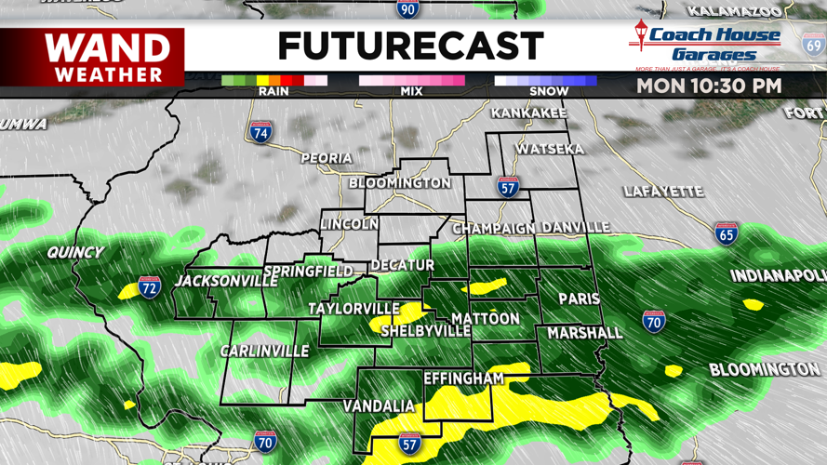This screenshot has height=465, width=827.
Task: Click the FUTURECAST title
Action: click(x=410, y=46)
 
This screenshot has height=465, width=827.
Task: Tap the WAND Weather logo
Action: click(x=108, y=58)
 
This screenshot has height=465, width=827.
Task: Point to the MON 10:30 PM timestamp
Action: click(x=709, y=86)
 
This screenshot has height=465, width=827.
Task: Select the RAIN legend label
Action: click(x=273, y=91)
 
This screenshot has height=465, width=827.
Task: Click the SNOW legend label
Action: click(x=549, y=91)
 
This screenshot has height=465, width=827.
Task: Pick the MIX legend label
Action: click(x=411, y=91)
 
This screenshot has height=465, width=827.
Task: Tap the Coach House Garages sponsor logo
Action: click(x=707, y=44)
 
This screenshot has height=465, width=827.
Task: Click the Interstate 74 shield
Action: click(x=261, y=132)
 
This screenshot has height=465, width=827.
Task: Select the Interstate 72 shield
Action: click(x=149, y=287)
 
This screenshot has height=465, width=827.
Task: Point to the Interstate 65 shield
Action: click(x=727, y=233)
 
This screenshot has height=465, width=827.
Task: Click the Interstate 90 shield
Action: click(x=407, y=9)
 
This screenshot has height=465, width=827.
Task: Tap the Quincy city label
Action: click(x=76, y=252)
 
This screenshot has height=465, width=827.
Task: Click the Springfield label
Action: click(x=308, y=272)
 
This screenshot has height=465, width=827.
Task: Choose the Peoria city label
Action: click(x=326, y=158)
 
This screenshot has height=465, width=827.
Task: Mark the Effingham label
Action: click(x=463, y=379)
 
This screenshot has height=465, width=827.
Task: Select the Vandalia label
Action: click(x=379, y=406)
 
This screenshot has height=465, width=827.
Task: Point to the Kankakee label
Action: click(x=528, y=113)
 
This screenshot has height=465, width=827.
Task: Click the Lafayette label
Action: click(x=663, y=192)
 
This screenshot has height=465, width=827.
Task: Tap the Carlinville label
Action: click(x=264, y=351)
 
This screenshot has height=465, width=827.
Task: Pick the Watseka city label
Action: click(x=550, y=149)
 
